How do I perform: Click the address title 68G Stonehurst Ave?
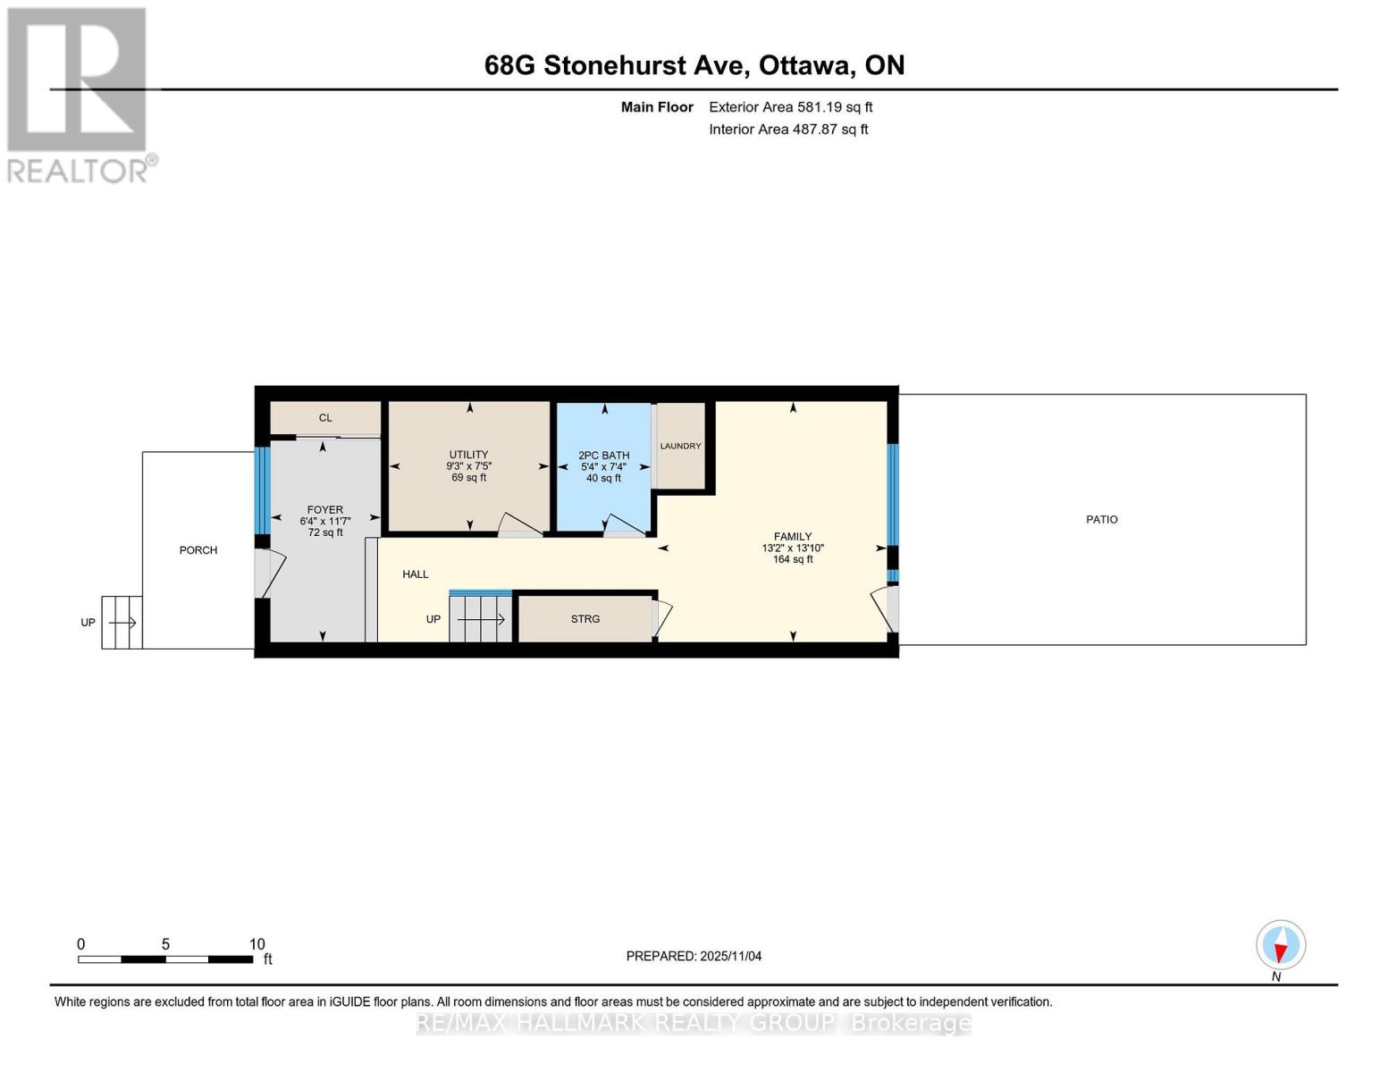694,65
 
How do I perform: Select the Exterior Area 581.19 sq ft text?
790,107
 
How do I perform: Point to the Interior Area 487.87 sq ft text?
788,130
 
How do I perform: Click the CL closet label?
325,418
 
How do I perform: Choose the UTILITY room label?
468,455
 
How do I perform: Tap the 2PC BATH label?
604,456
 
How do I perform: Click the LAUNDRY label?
681,446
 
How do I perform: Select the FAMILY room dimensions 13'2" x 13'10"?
793,549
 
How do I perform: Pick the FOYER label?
325,510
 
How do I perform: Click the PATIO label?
1101,519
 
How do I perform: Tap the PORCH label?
198,550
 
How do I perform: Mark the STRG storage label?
585,619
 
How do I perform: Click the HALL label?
416,574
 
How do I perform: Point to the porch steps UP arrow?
122,623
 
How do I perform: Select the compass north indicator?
1281,945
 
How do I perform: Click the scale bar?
165,959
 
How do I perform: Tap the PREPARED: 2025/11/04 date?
694,956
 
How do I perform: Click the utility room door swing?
518,525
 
